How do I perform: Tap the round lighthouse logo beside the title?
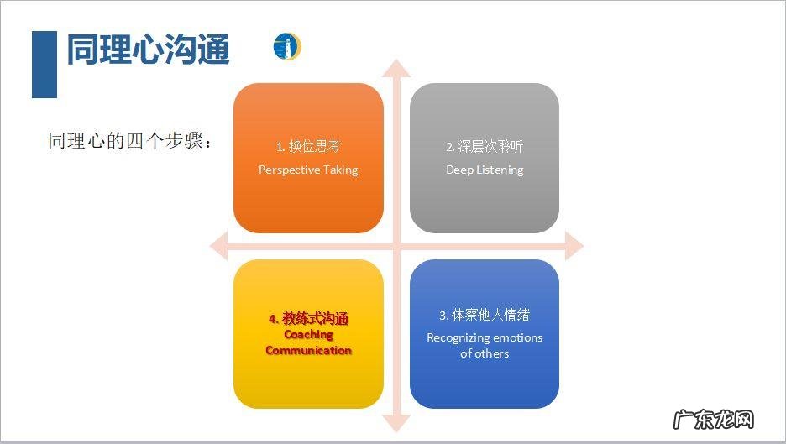(286, 47)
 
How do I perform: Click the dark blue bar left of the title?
(44, 65)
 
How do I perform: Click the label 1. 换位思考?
(308, 146)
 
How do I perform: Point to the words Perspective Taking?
(308, 170)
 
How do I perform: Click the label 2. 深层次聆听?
(485, 146)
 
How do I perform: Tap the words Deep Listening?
(485, 170)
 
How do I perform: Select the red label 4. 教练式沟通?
(308, 319)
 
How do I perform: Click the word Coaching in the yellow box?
(308, 334)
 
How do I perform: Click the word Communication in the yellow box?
(308, 350)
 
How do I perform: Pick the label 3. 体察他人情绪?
(485, 316)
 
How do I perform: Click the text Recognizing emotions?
(485, 337)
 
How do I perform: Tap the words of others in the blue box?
(485, 353)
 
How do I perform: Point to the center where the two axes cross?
(396, 246)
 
